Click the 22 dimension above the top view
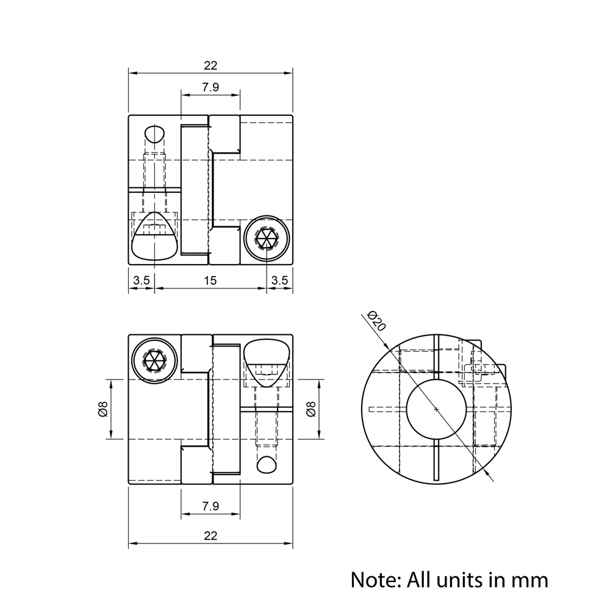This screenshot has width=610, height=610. click(210, 65)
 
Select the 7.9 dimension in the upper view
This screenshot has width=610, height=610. click(210, 87)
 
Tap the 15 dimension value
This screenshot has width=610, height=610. click(210, 281)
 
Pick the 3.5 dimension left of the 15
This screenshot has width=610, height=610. click(142, 281)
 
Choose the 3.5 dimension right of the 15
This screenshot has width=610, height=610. click(279, 281)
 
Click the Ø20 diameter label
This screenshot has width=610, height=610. click(377, 321)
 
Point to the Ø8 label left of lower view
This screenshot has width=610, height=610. click(102, 409)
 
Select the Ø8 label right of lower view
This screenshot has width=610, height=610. click(310, 409)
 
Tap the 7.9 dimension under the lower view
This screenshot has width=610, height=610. click(210, 506)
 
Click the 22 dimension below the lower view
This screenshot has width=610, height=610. click(210, 536)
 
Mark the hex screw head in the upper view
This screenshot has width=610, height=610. click(267, 238)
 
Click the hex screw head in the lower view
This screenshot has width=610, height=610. click(155, 360)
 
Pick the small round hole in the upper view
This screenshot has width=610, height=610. click(155, 134)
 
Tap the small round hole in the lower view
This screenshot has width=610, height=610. click(267, 464)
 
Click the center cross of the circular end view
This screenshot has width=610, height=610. click(436, 409)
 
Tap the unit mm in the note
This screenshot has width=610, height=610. click(531, 578)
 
